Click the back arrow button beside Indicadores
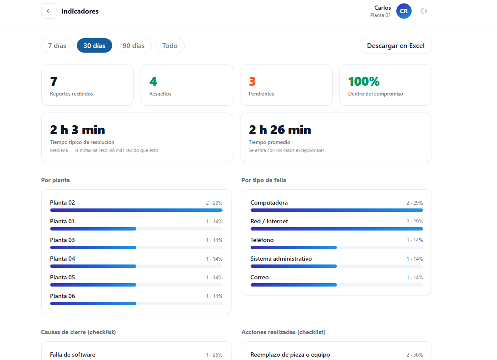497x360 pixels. tap(49, 11)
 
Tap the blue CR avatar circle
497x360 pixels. tap(404, 11)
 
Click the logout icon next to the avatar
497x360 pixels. tap(424, 11)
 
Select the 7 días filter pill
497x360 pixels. tap(57, 45)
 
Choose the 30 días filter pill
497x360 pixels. tap(94, 45)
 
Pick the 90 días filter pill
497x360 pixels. tap(133, 45)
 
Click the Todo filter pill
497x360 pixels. tap(170, 45)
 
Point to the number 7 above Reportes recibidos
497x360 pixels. tap(54, 82)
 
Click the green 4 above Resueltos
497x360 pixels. tap(153, 82)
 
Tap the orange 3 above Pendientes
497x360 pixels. tap(252, 82)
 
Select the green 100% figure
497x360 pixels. tap(364, 82)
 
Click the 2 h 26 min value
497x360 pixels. tap(280, 130)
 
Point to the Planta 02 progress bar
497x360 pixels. tap(136, 210)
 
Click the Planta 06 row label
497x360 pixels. tap(62, 296)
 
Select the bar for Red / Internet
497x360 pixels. tap(336, 229)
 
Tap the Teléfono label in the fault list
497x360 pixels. tap(262, 240)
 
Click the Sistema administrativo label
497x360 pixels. tap(281, 259)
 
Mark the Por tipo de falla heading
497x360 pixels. tap(264, 180)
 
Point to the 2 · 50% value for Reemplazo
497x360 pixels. tap(415, 354)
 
